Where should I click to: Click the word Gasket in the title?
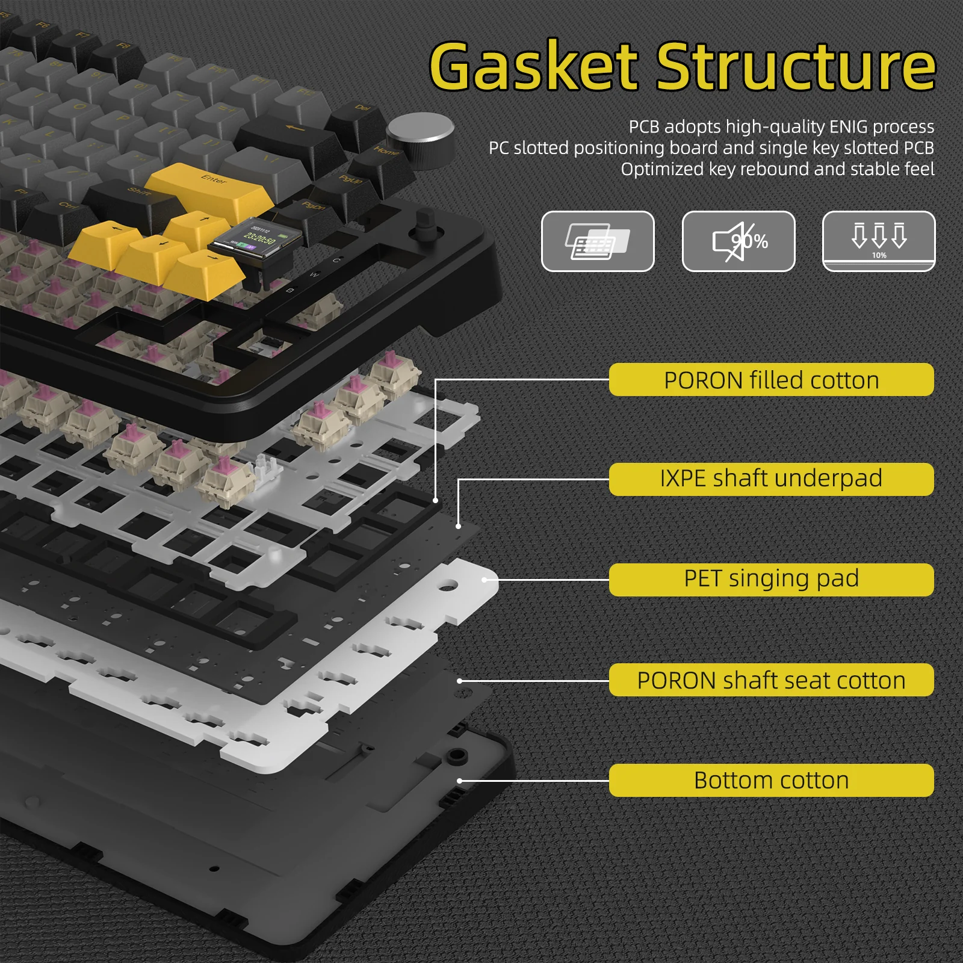click(x=533, y=66)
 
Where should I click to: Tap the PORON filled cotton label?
click(x=771, y=380)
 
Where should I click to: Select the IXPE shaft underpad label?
click(x=771, y=479)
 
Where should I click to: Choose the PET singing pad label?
click(x=771, y=579)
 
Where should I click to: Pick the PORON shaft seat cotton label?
click(x=771, y=680)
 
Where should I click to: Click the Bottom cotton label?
click(x=771, y=780)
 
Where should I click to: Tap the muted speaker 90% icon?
click(x=738, y=241)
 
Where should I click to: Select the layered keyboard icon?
click(x=597, y=241)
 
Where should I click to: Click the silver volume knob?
click(x=420, y=133)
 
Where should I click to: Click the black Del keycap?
click(x=360, y=117)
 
